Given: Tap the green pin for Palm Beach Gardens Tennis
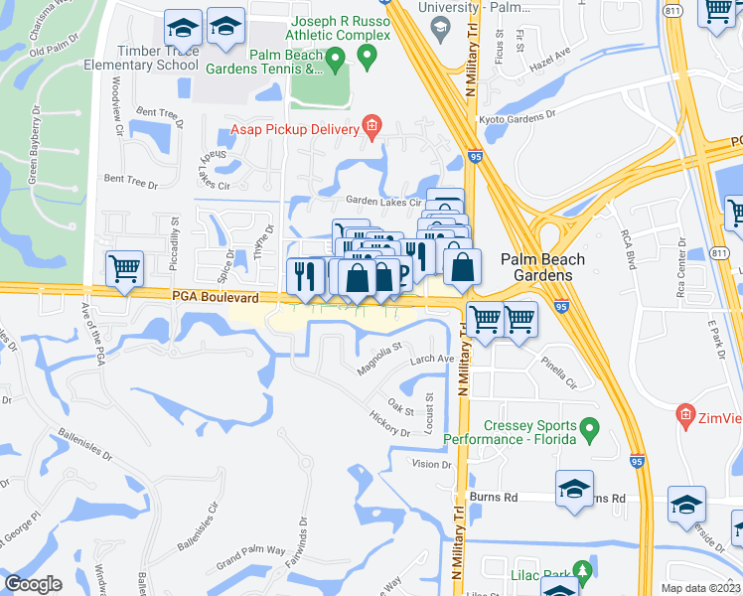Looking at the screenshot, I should click(x=335, y=63).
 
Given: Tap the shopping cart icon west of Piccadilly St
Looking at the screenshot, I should click(x=125, y=268).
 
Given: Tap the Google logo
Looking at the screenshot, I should click(x=33, y=584).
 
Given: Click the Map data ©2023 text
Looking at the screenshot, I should click(x=701, y=588).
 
